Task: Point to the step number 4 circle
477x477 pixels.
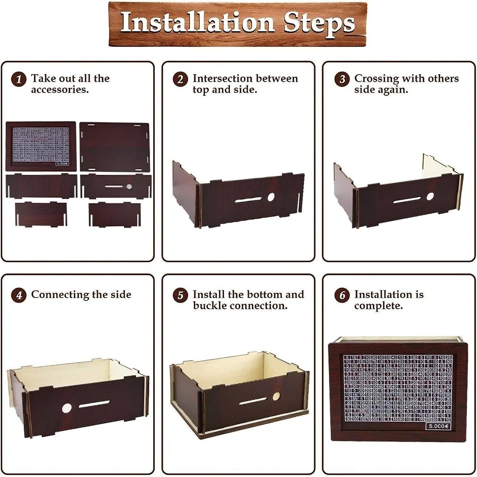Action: tap(18, 295)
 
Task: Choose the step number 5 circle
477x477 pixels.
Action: tap(180, 295)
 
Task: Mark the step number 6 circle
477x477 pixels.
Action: tap(342, 295)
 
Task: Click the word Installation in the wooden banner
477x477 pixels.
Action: tap(197, 23)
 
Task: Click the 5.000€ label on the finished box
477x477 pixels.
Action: tap(438, 426)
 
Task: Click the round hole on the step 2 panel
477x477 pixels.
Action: tap(271, 197)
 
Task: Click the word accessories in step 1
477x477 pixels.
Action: tap(60, 90)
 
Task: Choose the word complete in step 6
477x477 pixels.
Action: tap(378, 306)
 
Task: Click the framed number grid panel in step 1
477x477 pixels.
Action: tap(41, 146)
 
